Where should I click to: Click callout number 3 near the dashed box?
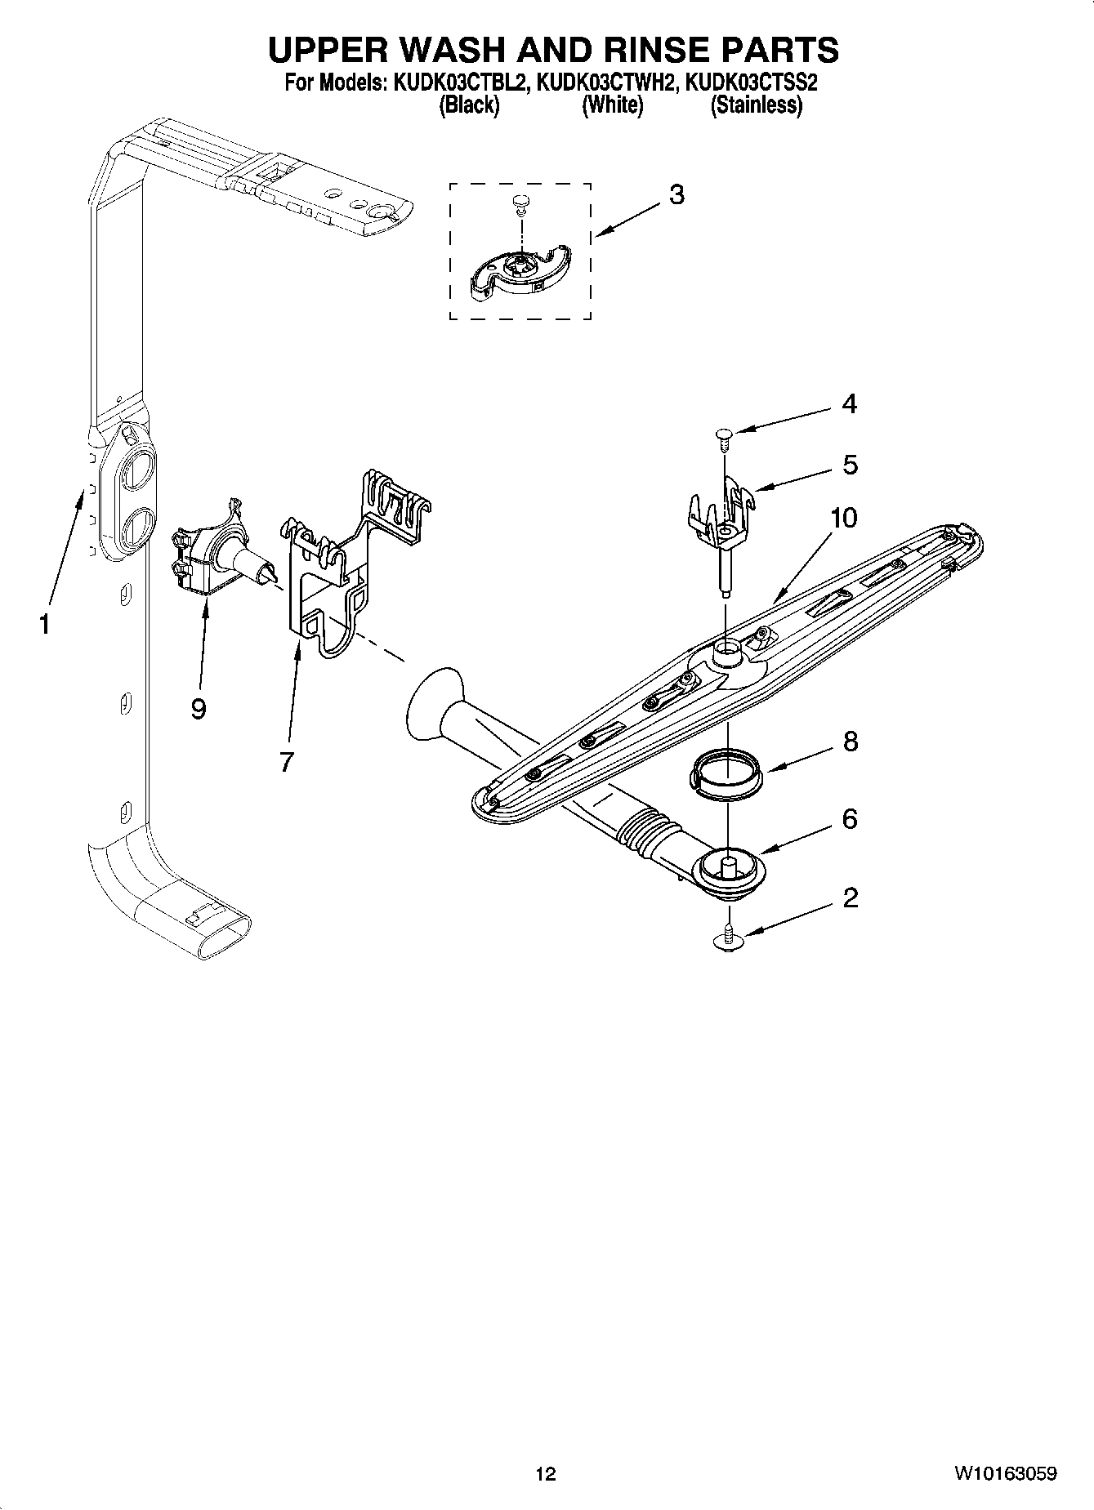[x=676, y=195]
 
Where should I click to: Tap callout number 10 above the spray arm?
[x=845, y=518]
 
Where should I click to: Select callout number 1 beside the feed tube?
[x=44, y=625]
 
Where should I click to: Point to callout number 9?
[x=199, y=709]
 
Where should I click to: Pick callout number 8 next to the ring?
[x=851, y=742]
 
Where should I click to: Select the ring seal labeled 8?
[x=726, y=772]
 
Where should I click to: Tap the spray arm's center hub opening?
[x=726, y=651]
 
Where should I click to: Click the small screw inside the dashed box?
[x=520, y=202]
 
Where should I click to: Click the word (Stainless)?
[x=756, y=105]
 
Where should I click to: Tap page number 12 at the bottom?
[x=546, y=1474]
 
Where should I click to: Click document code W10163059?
[x=1004, y=1474]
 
